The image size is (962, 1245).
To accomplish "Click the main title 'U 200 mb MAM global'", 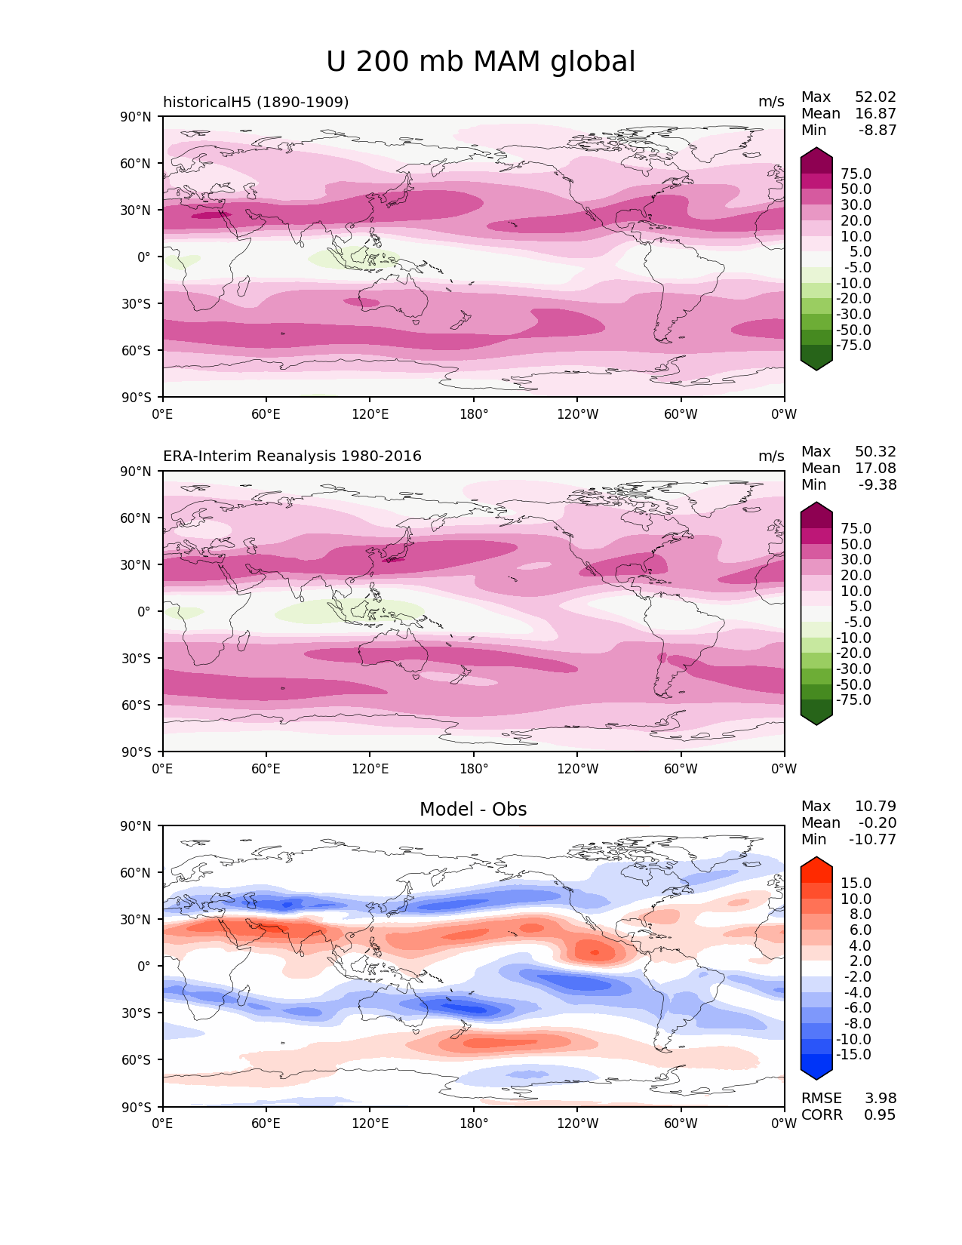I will click(x=481, y=62).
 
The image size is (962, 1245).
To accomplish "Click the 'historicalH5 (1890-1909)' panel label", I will click(x=256, y=102).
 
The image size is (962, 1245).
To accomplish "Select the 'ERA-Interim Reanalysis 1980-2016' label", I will click(x=292, y=456).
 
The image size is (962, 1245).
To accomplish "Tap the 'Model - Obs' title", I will click(x=473, y=810).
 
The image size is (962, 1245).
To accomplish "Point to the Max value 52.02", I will click(x=875, y=97).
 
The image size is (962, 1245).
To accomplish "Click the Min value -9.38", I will click(x=877, y=485).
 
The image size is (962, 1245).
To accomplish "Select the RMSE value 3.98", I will click(x=880, y=1099).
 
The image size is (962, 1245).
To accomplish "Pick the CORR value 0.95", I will click(x=880, y=1115).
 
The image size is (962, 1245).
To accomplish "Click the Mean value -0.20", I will click(x=877, y=823).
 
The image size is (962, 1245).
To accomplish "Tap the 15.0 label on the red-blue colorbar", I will click(x=856, y=884).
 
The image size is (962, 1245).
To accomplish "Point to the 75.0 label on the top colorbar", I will click(x=856, y=174).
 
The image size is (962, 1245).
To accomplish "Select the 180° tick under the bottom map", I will click(x=474, y=1124).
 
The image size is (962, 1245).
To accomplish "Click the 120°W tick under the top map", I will click(x=578, y=414).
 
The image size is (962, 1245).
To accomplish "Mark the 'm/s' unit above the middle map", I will click(x=771, y=456).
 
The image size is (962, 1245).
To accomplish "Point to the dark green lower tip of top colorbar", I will click(x=816, y=364).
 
